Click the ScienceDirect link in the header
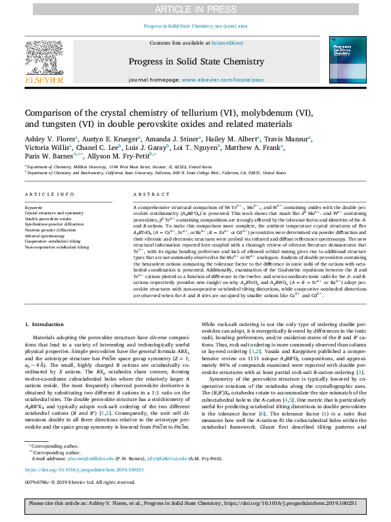[x=227, y=43]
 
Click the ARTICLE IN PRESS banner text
[x=195, y=9]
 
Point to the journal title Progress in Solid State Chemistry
[x=195, y=59]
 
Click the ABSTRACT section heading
[x=146, y=195]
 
